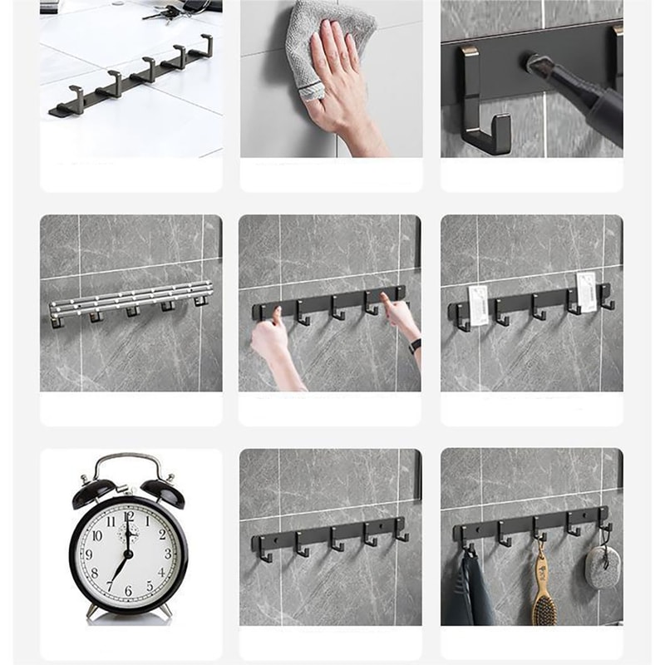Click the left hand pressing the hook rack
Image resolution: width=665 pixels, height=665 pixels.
coord(268,337)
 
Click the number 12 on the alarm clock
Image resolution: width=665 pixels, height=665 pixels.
coord(129,516)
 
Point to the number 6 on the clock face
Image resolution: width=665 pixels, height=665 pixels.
coord(128,591)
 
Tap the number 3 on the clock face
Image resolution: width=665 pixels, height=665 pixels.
coord(166,554)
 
